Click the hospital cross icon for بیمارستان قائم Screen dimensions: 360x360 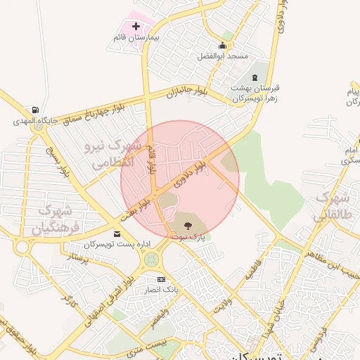136,26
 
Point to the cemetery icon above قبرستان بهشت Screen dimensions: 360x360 255,77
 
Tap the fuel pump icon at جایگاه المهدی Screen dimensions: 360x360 34,110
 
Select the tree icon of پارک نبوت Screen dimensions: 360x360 187,226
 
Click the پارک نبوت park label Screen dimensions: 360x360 187,237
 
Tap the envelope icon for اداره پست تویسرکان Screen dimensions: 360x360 117,233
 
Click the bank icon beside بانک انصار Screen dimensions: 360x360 162,280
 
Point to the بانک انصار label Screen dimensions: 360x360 161,290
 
